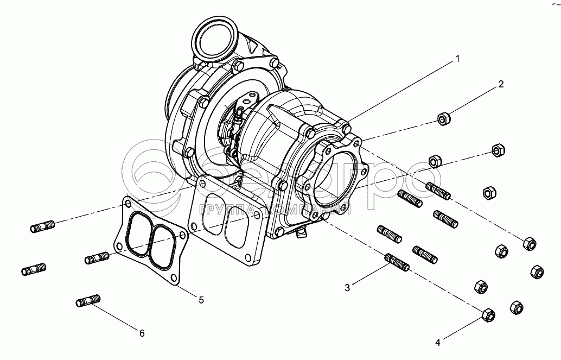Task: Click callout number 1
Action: (x=457, y=58)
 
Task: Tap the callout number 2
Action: (x=501, y=84)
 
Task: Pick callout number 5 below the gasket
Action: (x=201, y=299)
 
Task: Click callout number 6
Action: (x=142, y=333)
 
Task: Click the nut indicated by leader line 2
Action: (x=444, y=118)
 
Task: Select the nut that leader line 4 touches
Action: (x=488, y=314)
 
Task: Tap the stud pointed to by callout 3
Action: (x=397, y=262)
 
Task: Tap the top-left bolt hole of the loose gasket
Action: (x=128, y=204)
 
